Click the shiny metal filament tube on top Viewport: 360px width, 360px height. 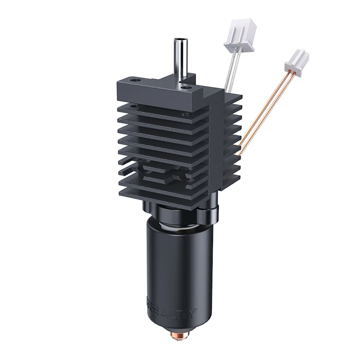click(181, 59)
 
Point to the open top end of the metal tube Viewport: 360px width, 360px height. click(181, 40)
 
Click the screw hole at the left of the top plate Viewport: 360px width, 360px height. click(135, 81)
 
